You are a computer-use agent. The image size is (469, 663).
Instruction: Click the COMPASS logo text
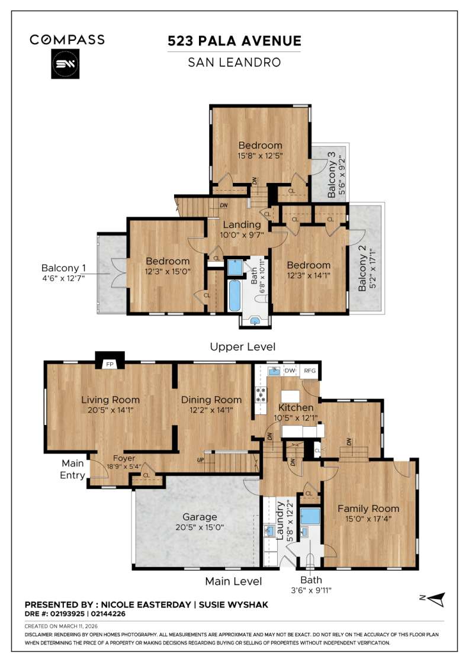[x=67, y=40]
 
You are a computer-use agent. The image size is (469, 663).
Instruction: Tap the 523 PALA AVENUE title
[x=234, y=41]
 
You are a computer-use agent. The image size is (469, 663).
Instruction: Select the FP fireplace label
[x=109, y=365]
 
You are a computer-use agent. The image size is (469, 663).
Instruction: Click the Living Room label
[x=110, y=400]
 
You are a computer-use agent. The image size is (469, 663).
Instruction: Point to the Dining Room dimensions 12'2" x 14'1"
[x=211, y=409]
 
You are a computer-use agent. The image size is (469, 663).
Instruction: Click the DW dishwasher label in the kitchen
[x=290, y=371]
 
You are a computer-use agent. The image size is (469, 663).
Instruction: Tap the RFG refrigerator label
[x=310, y=371]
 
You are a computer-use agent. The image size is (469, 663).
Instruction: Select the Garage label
[x=200, y=517]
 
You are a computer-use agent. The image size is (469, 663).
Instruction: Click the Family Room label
[x=368, y=508]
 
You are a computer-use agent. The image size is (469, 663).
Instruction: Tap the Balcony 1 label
[x=63, y=268]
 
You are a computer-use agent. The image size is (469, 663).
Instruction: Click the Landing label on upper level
[x=242, y=225]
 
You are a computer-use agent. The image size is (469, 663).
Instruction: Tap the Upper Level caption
[x=243, y=347]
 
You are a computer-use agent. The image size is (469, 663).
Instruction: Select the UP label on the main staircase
[x=201, y=460]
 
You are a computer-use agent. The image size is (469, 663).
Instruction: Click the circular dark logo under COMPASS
[x=67, y=65]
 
